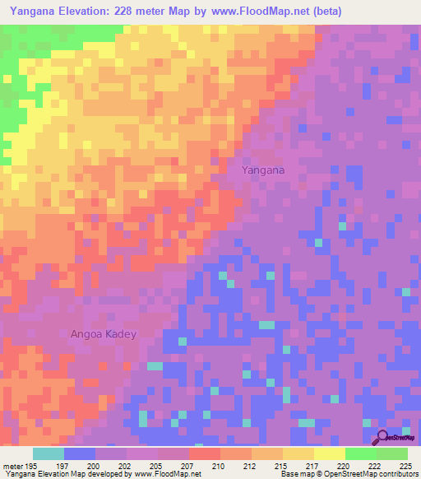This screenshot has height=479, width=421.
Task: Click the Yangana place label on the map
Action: pyautogui.click(x=263, y=170)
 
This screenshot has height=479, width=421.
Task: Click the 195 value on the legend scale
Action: pyautogui.click(x=31, y=466)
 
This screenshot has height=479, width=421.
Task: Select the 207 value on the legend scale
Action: pyautogui.click(x=188, y=466)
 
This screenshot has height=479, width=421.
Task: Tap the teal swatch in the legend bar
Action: pyautogui.click(x=49, y=453)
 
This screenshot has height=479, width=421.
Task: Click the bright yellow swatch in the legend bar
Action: pyautogui.click(x=329, y=453)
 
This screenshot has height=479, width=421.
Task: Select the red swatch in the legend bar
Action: pyautogui.click(x=204, y=453)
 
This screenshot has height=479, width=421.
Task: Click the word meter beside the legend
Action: pyautogui.click(x=12, y=466)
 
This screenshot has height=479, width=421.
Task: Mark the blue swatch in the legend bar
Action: pyautogui.click(x=80, y=453)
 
